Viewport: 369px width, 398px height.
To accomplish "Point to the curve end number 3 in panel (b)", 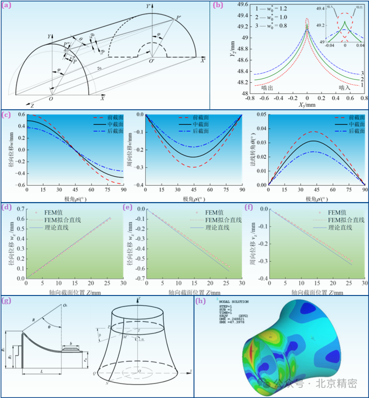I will (x=361, y=73).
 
